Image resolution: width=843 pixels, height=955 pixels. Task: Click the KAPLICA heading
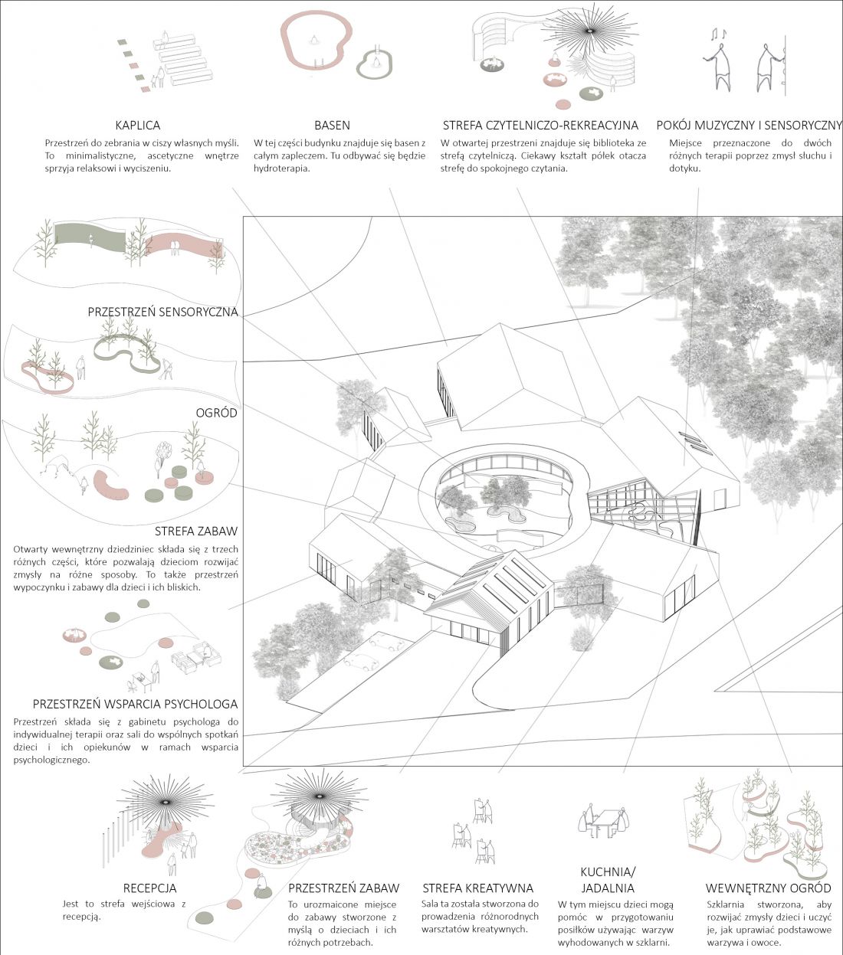(138, 126)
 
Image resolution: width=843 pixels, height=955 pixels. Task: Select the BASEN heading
(332, 126)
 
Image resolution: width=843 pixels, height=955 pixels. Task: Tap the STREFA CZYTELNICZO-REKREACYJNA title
(540, 126)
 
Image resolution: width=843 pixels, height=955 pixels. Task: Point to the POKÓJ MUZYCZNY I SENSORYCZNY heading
(750, 126)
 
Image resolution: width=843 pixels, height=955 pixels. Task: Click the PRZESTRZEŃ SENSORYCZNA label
(162, 312)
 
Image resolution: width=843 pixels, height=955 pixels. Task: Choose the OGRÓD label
(217, 413)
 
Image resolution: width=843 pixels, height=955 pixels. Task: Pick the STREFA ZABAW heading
(195, 531)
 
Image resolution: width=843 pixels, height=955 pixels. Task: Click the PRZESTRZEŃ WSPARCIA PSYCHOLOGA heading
(135, 705)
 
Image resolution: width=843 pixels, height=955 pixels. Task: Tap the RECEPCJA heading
(149, 888)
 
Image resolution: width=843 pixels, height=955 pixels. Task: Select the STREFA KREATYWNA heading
(478, 888)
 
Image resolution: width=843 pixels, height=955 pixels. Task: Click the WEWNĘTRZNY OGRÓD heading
(768, 888)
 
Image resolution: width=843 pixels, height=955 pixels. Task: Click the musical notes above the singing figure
(719, 34)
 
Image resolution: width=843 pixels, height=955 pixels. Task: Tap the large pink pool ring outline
(284, 44)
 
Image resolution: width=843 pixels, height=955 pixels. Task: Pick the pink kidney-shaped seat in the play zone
(110, 485)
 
